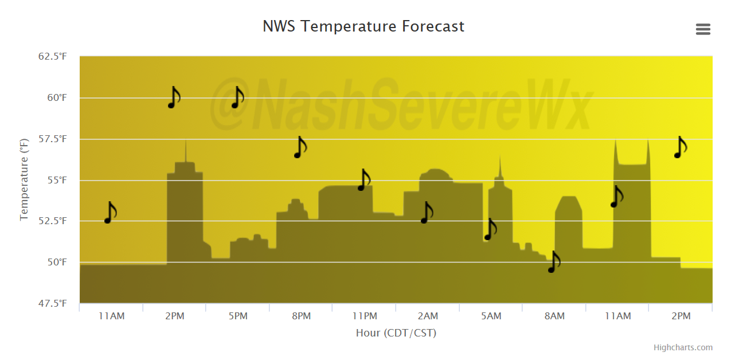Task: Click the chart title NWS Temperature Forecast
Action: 363,26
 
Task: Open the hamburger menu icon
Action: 703,29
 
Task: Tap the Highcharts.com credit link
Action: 683,347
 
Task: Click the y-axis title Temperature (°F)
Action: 24,179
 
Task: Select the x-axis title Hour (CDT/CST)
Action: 396,332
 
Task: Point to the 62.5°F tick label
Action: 53,56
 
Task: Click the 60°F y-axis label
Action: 57,98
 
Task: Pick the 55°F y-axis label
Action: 57,180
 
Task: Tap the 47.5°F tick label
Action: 53,303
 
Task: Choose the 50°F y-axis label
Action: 57,262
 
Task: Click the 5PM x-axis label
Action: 238,316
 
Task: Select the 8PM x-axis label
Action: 301,316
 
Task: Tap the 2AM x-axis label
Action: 428,316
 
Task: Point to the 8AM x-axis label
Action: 554,316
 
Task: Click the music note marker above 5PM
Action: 238,97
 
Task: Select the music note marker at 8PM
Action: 300,147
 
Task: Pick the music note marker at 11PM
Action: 364,180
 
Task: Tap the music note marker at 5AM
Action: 491,229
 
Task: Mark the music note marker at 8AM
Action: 554,262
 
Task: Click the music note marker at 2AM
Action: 427,213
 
